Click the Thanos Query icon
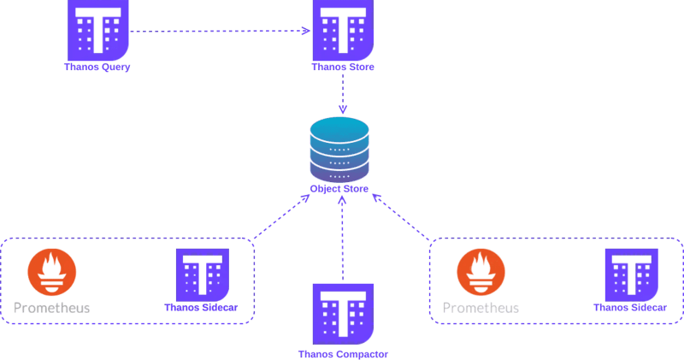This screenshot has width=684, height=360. point(98,30)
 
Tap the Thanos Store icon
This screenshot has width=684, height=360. point(343,30)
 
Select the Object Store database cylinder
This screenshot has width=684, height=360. point(339,150)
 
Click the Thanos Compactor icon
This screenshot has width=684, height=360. point(343,314)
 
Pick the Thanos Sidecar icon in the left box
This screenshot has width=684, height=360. point(203,274)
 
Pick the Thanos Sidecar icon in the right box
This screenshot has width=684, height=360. point(632,274)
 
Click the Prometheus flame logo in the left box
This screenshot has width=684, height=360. point(52,272)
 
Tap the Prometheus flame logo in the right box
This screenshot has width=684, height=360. point(481,272)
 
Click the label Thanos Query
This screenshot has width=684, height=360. point(97,67)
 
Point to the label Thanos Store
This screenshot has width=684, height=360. point(343,67)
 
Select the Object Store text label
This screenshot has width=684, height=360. point(339,189)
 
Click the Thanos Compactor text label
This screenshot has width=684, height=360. point(343,354)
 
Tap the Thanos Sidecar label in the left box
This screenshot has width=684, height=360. point(201,307)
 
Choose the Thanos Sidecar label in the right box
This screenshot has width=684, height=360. point(630,307)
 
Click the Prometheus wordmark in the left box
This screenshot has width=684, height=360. point(52,308)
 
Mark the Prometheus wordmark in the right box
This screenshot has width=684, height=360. point(481,308)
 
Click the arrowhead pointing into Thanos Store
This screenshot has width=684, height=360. point(306,31)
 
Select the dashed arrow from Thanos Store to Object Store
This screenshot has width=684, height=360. point(343,94)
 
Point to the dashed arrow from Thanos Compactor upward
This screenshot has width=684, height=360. point(343,238)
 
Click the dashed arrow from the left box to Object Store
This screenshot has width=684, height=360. point(282,216)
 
